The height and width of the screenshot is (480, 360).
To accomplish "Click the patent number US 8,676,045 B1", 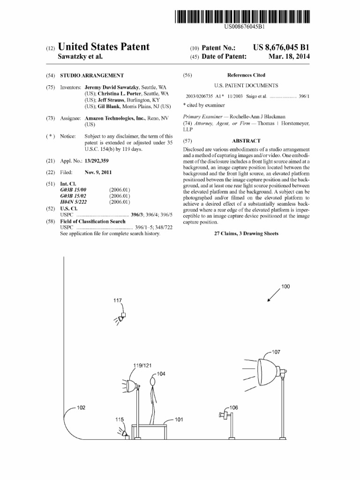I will coord(281,47).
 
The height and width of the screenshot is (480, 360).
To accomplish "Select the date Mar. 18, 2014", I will coord(289,57).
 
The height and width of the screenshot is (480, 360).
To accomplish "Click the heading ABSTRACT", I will coord(246,141).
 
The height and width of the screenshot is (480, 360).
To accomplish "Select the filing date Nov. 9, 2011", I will coord(98,172).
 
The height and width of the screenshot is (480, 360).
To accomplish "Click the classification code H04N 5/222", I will coord(74,202).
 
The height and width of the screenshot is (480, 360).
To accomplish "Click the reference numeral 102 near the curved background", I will coord(81,407).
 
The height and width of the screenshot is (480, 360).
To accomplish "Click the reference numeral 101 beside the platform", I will coord(179,420).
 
